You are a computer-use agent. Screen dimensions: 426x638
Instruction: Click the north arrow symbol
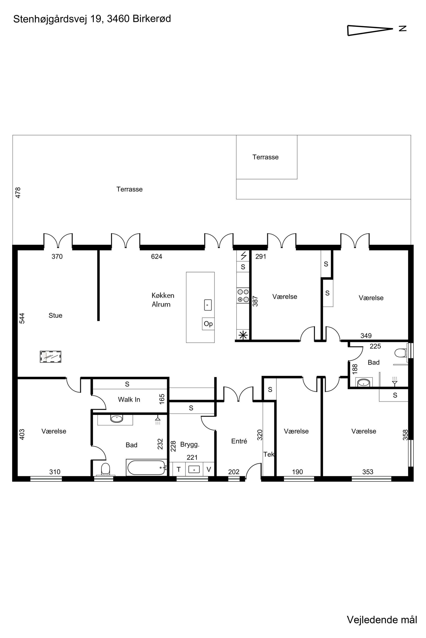pos(370,30)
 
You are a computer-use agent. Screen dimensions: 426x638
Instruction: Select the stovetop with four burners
pos(243,296)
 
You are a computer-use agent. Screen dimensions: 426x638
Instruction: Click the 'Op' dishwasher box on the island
pos(208,324)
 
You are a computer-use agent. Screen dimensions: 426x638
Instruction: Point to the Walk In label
pos(129,399)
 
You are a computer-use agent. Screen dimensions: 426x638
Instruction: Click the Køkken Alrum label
pos(163,300)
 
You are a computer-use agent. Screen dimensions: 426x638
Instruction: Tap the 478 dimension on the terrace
pos(18,193)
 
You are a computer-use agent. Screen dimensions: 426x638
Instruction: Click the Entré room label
pos(239,441)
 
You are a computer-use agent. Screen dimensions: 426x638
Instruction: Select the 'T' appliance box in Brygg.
pos(179,469)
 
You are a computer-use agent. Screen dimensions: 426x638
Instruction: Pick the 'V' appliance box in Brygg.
pos(209,469)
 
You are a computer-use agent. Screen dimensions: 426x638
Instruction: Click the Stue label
pos(55,315)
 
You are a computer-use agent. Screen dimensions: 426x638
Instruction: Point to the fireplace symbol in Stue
pos(50,356)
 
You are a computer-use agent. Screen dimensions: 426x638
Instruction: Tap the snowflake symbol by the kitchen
pos(243,335)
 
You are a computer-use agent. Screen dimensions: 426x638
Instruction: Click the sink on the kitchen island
pos(208,305)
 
